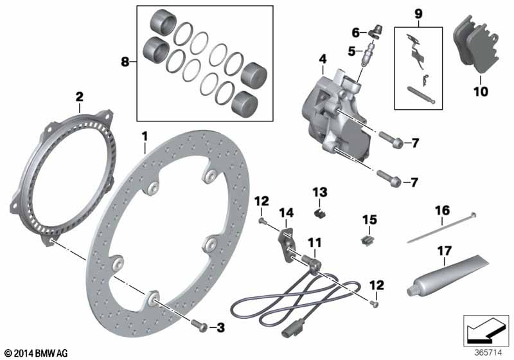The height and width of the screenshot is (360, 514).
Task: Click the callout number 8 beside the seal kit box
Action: click(x=125, y=61)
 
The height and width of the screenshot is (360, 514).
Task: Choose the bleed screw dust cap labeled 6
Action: click(x=375, y=32)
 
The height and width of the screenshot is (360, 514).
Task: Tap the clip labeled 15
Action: click(x=368, y=240)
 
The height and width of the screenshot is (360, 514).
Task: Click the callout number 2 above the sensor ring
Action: click(x=79, y=96)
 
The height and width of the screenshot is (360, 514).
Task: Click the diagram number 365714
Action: click(x=488, y=352)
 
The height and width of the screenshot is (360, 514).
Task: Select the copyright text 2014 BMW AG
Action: click(x=37, y=353)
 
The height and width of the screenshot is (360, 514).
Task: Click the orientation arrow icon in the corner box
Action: click(x=486, y=331)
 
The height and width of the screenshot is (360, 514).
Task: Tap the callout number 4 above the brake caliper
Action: click(x=323, y=60)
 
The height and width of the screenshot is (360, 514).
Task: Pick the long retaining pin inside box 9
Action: click(x=421, y=94)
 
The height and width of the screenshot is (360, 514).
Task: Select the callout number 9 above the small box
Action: click(x=418, y=14)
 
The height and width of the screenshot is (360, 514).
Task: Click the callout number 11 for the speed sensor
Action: click(x=314, y=243)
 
